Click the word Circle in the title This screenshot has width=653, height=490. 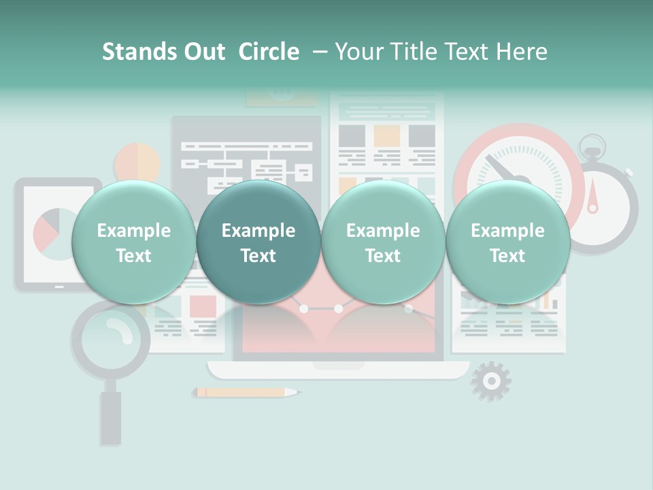tap(269, 52)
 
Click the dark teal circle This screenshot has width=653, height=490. tap(258, 242)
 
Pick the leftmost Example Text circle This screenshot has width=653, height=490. tap(133, 242)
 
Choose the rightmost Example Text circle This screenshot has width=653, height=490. tap(507, 242)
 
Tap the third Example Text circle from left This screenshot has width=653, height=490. tap(383, 242)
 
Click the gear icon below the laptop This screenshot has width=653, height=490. tap(490, 381)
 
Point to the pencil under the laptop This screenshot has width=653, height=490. tap(241, 393)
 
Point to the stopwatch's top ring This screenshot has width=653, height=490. tap(591, 144)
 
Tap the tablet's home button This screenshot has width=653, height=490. tap(59, 287)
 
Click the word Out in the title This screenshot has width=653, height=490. tap(204, 52)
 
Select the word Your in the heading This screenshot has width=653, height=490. tap(357, 52)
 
